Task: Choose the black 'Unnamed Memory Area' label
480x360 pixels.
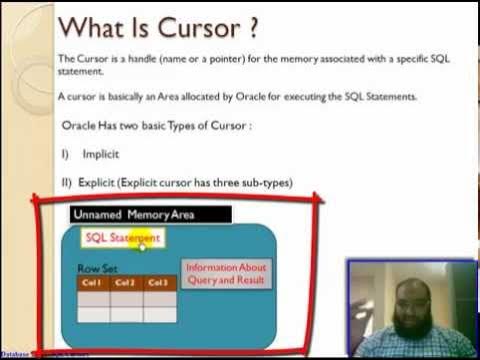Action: coord(150,214)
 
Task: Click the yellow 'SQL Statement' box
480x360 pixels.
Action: coord(122,239)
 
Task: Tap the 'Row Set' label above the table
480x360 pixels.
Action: coord(97,269)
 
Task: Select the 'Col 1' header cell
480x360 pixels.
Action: coord(93,283)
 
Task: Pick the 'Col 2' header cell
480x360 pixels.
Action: coord(126,283)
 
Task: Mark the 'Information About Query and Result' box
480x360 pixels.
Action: coord(227,273)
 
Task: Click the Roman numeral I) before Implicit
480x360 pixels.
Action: coord(65,155)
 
